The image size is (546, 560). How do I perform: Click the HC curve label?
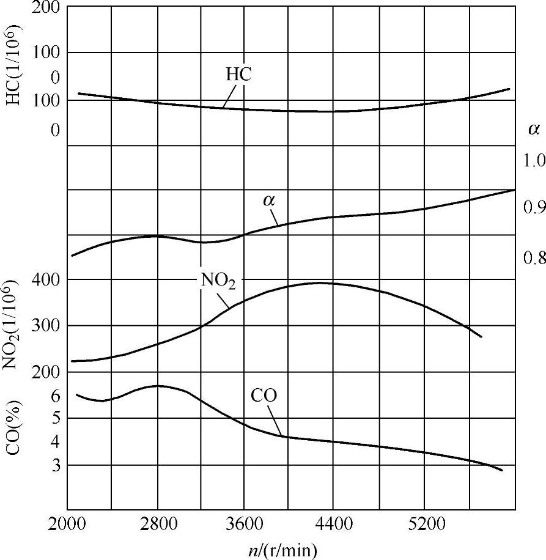click(x=239, y=75)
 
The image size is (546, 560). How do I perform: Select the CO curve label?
click(x=264, y=396)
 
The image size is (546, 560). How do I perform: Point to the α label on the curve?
click(x=268, y=201)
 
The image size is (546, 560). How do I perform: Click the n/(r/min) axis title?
click(x=278, y=549)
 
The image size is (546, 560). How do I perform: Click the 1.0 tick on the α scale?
click(x=533, y=161)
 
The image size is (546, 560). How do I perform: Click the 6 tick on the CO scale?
click(x=56, y=396)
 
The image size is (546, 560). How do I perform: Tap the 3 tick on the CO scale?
click(x=56, y=466)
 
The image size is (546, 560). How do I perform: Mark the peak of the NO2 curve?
click(x=319, y=282)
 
